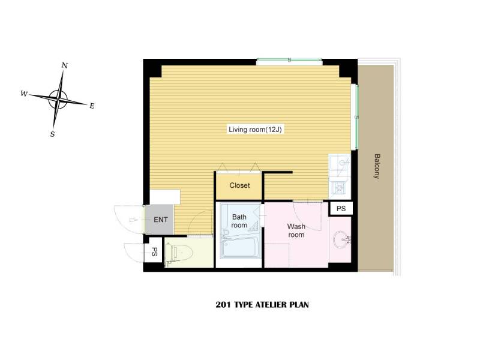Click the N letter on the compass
tap(65, 65)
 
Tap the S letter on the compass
tap(53, 134)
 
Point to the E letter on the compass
tap(92, 106)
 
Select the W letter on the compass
tap(24, 94)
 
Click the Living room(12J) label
tap(255, 130)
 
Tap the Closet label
tap(239, 185)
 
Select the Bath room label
tap(239, 221)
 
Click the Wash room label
tap(296, 230)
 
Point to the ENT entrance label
tap(160, 220)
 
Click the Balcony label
tap(377, 166)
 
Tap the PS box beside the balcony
tap(341, 208)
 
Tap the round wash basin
tap(341, 239)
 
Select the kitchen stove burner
tap(339, 188)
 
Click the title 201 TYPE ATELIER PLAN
tap(262, 305)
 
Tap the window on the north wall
tap(289, 61)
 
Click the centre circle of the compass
tap(58, 100)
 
